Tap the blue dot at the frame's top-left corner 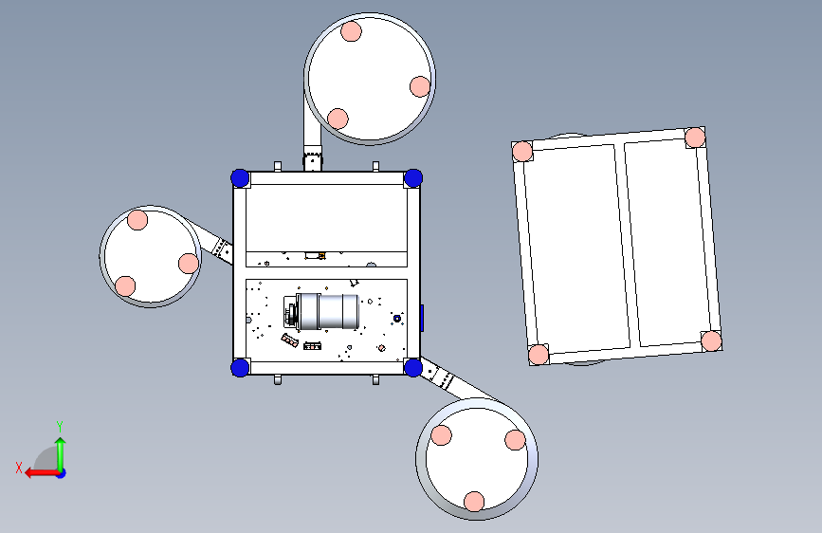pyautogui.click(x=240, y=178)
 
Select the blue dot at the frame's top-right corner pyautogui.click(x=413, y=178)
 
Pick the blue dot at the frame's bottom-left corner pyautogui.click(x=240, y=367)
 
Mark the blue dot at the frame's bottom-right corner pyautogui.click(x=413, y=367)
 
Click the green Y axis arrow pyautogui.click(x=61, y=454)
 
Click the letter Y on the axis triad pyautogui.click(x=60, y=427)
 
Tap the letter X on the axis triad pyautogui.click(x=19, y=468)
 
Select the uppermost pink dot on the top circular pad pyautogui.click(x=351, y=31)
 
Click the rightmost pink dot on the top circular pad pyautogui.click(x=420, y=86)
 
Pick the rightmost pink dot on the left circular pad pyautogui.click(x=189, y=264)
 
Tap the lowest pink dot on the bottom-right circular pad pyautogui.click(x=474, y=502)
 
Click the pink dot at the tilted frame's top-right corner pyautogui.click(x=695, y=138)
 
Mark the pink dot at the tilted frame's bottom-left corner pyautogui.click(x=539, y=355)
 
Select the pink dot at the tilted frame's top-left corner pyautogui.click(x=522, y=152)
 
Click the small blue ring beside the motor pyautogui.click(x=397, y=319)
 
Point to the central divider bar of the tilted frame pyautogui.click(x=627, y=245)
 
